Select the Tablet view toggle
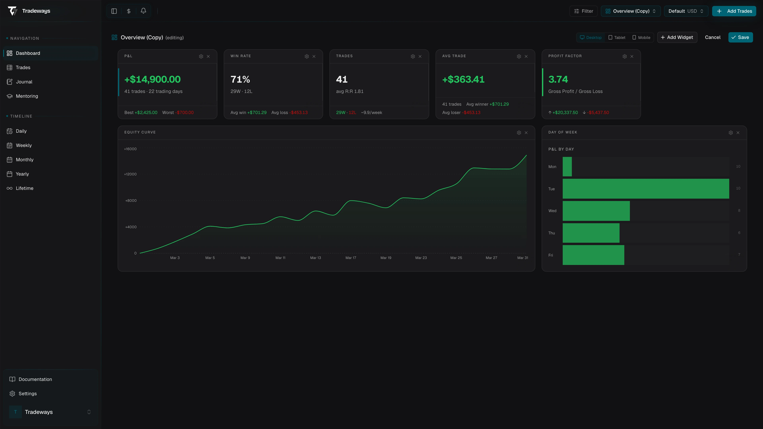pyautogui.click(x=617, y=38)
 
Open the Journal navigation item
pyautogui.click(x=24, y=82)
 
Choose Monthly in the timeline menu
pyautogui.click(x=25, y=159)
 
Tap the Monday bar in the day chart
pyautogui.click(x=567, y=167)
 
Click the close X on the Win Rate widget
pyautogui.click(x=314, y=56)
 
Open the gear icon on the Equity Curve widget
pyautogui.click(x=519, y=133)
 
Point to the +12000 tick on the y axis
pyautogui.click(x=130, y=174)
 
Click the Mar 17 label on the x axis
pyautogui.click(x=351, y=258)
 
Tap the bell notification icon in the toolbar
pyautogui.click(x=143, y=11)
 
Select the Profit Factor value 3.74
pyautogui.click(x=558, y=79)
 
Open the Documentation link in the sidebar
pyautogui.click(x=35, y=379)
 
